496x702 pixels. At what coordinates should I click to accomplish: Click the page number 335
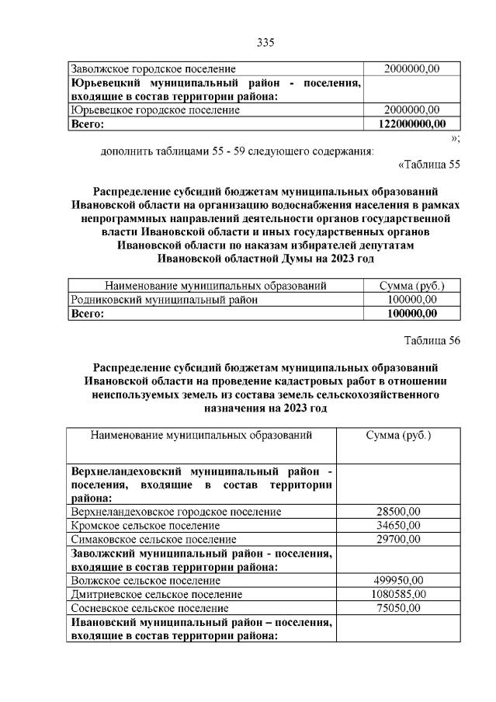[x=266, y=42]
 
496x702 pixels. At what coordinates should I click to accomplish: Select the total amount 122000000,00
[x=411, y=123]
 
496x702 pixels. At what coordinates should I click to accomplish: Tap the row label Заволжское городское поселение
[x=153, y=69]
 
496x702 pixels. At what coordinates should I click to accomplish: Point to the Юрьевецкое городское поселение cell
[x=155, y=110]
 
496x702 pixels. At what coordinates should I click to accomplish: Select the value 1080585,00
[x=398, y=594]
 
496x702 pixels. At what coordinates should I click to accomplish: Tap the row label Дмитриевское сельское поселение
[x=156, y=594]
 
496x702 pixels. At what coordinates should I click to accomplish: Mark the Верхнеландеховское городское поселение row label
[x=175, y=512]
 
